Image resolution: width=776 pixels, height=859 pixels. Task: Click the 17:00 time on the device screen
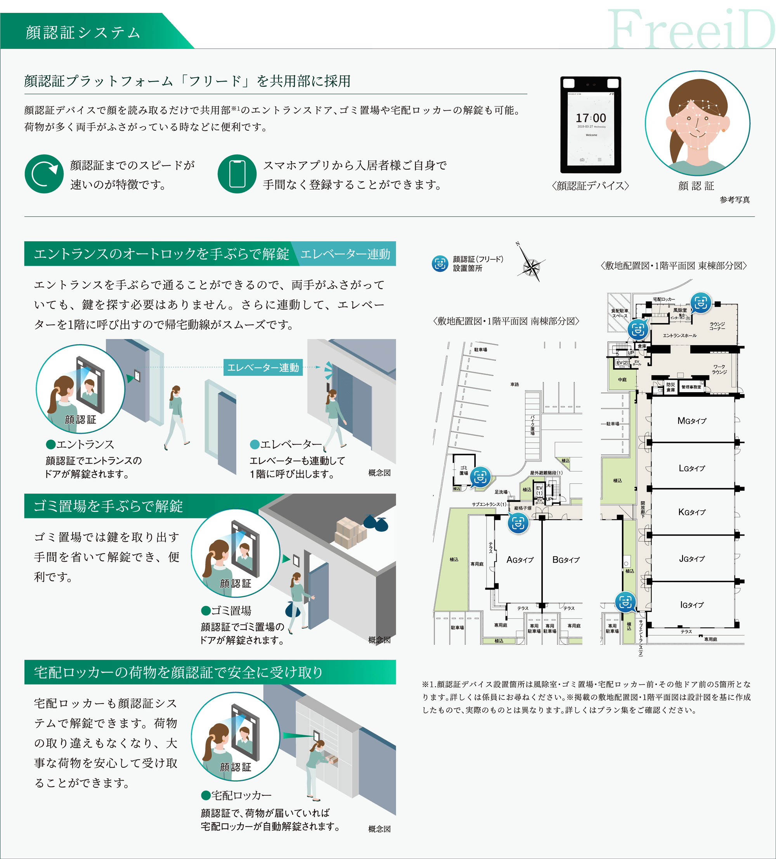[591, 118]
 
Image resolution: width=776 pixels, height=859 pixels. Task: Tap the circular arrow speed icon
[44, 174]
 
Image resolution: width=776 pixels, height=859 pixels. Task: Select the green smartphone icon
[237, 174]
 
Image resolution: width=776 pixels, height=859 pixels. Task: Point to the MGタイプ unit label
[692, 421]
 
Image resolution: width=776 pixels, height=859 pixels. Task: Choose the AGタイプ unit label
[520, 560]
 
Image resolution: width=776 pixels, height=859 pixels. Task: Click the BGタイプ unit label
[566, 560]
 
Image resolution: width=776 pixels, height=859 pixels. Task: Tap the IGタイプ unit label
[692, 605]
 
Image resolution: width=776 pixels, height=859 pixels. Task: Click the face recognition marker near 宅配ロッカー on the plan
[700, 303]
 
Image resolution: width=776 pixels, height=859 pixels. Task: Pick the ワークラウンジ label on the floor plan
[719, 369]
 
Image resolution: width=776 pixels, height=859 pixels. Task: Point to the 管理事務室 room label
[691, 387]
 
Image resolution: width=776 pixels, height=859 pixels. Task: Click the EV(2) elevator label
[622, 363]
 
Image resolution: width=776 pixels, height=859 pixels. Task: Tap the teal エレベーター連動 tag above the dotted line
[263, 367]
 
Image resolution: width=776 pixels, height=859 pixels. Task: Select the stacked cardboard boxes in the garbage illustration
[350, 532]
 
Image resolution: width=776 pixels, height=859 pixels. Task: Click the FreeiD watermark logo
[691, 30]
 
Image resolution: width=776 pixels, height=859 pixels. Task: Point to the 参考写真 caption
[735, 200]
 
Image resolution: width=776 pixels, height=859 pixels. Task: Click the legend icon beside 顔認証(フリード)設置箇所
[440, 263]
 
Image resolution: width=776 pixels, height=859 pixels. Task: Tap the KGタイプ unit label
[692, 512]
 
